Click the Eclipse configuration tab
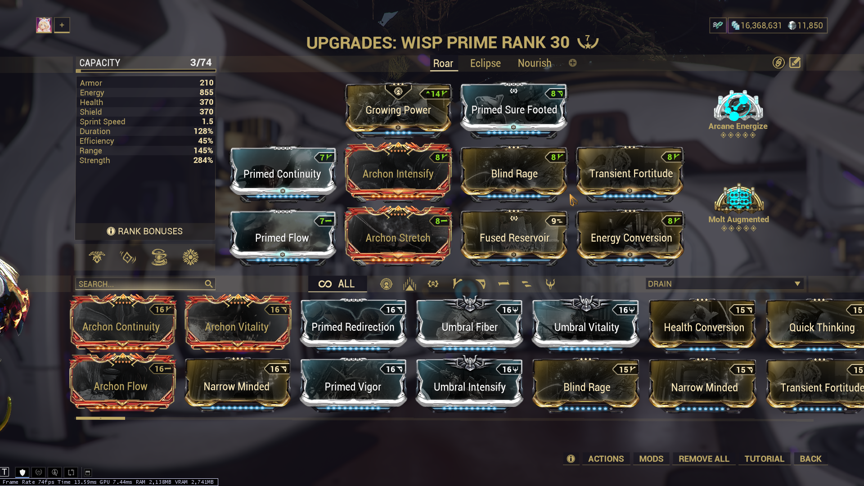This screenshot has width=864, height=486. (485, 63)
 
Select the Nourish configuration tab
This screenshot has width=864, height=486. (534, 63)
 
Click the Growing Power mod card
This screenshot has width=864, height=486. (398, 110)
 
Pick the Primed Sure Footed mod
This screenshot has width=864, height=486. (513, 110)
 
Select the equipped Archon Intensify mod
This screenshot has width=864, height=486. (398, 174)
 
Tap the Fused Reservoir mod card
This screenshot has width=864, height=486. (514, 238)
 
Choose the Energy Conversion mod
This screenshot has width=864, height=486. (630, 238)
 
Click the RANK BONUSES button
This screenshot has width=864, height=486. (145, 231)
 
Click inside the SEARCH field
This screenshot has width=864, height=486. (139, 284)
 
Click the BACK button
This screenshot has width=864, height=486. (810, 459)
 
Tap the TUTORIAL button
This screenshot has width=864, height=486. (764, 459)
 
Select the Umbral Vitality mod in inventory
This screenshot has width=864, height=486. (586, 327)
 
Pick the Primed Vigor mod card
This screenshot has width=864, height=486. (353, 387)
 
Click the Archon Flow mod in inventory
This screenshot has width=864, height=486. (121, 386)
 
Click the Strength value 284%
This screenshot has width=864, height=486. (203, 160)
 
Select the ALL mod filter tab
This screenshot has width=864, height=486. (337, 284)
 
